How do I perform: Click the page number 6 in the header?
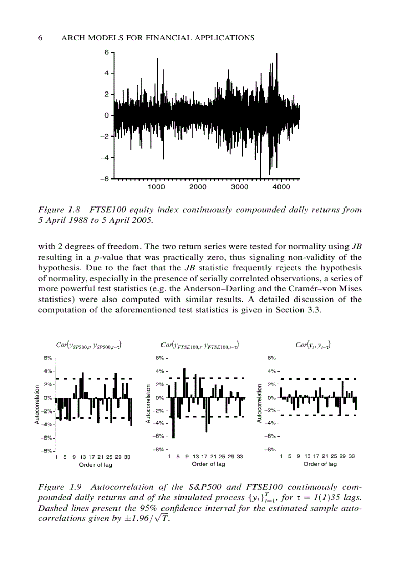[40, 38]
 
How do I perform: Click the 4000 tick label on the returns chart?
[281, 187]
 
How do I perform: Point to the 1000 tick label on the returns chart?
[156, 187]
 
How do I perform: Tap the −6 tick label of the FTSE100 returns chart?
[104, 179]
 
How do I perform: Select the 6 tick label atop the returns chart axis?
[106, 52]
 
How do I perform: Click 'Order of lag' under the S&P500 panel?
[96, 465]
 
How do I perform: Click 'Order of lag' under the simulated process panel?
[320, 464]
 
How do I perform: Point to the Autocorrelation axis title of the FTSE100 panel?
[148, 403]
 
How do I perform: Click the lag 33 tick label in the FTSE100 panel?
[240, 456]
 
